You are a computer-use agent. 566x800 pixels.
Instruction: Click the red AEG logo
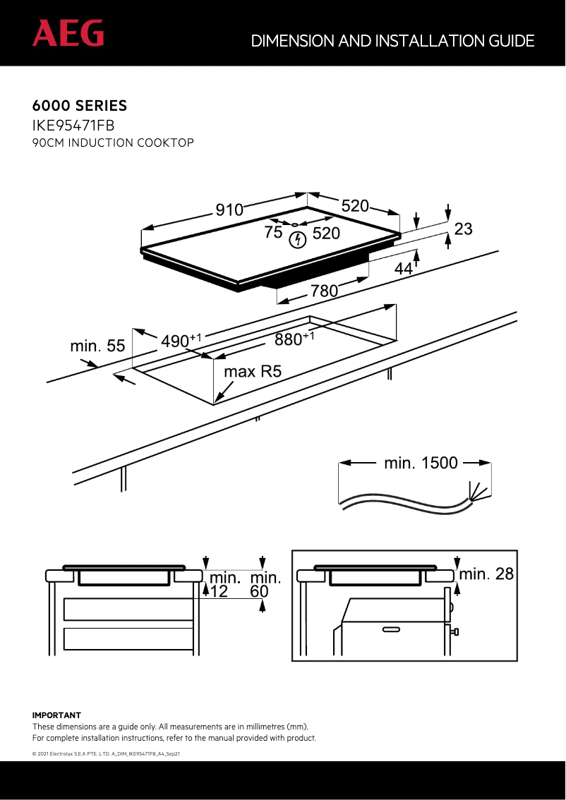68,33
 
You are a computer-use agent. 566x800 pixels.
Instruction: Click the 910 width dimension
229,210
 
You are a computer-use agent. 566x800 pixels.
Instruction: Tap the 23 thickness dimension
463,229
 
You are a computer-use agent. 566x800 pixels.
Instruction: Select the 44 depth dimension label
404,269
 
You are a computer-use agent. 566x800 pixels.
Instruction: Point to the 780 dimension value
325,290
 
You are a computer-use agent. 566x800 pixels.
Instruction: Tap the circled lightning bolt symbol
299,240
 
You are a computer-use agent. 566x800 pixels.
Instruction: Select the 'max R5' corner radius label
253,371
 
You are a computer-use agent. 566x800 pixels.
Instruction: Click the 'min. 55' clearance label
97,346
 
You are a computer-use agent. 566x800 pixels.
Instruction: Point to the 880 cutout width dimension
291,339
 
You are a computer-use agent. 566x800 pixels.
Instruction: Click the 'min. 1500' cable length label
421,463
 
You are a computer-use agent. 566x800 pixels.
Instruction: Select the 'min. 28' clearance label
487,574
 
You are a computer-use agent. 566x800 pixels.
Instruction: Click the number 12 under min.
219,592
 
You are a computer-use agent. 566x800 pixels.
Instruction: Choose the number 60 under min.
260,592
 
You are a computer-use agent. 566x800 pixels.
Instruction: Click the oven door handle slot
392,629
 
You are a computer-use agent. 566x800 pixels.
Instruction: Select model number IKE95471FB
73,126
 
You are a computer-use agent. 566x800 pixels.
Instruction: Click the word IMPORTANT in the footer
56,715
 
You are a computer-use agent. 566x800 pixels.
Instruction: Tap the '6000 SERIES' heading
80,107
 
